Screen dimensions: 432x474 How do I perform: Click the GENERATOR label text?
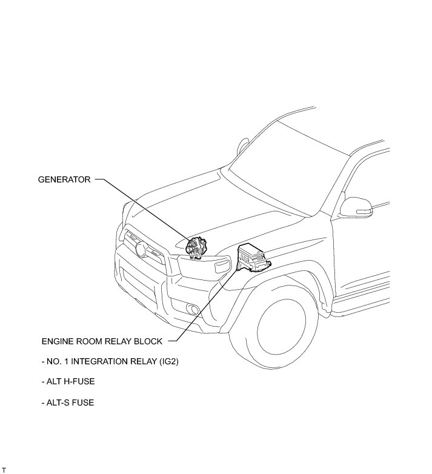[64, 179]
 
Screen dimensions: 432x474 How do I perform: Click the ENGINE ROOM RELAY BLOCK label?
[102, 341]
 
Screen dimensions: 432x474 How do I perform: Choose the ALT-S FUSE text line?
[68, 402]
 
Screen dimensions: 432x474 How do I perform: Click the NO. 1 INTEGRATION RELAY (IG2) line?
[110, 362]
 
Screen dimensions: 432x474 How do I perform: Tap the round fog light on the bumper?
[194, 310]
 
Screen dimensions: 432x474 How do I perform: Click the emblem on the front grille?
[140, 248]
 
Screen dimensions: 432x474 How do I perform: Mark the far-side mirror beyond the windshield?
[243, 146]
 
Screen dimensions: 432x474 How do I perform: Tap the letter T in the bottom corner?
[4, 470]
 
